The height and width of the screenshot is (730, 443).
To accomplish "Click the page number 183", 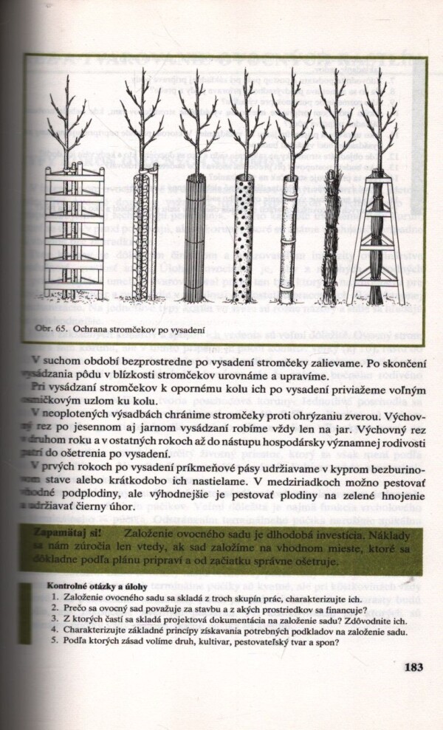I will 413,667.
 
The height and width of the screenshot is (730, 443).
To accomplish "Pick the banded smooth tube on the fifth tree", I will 287,240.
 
